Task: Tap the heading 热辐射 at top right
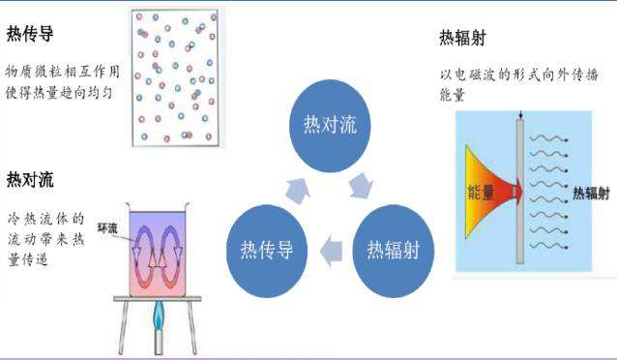click(x=461, y=39)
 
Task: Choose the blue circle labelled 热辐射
click(x=398, y=249)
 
